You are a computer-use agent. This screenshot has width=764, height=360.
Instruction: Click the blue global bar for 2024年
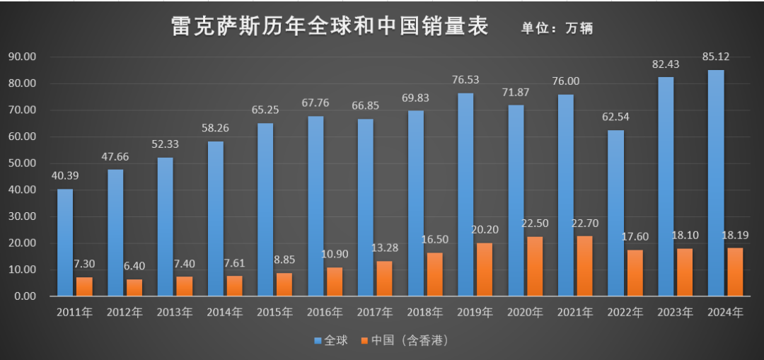[x=716, y=182]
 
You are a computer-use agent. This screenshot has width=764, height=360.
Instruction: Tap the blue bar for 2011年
[x=65, y=242]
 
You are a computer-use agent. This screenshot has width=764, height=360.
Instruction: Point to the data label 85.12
[x=717, y=57]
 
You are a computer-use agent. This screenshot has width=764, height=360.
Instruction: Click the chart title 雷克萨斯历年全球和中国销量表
[x=330, y=27]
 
